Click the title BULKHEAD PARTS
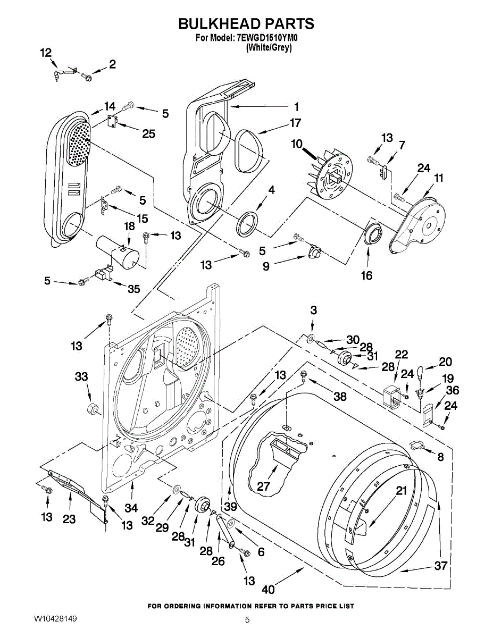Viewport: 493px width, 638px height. coord(246,24)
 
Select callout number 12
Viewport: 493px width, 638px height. coord(46,53)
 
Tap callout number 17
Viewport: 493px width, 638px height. coord(295,123)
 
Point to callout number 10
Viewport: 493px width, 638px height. coord(296,144)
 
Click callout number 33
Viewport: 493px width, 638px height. coord(81,377)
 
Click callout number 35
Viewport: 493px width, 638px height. coord(133,289)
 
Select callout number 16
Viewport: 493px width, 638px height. coord(366,275)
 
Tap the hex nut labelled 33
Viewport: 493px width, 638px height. coord(91,409)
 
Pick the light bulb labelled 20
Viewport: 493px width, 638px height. coord(420,370)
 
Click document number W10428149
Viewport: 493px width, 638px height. coord(55,619)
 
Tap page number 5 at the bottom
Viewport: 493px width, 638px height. coord(247,620)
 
